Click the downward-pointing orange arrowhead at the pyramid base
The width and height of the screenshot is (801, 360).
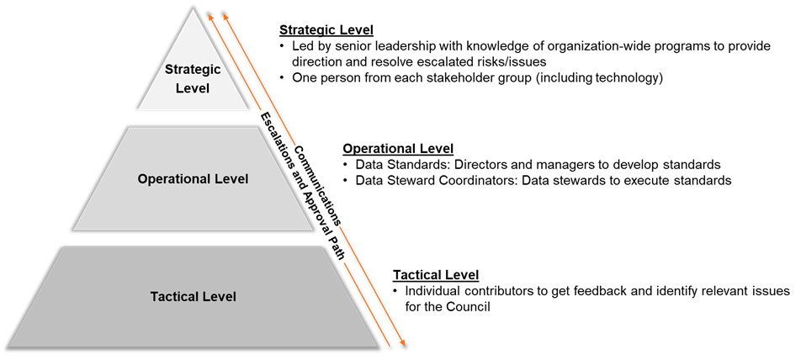click(402, 342)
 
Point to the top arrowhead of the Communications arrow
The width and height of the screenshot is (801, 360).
click(224, 14)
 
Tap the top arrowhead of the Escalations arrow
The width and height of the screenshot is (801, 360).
click(210, 14)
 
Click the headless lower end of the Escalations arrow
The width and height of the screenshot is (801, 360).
click(389, 345)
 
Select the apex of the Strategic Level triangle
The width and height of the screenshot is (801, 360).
click(194, 10)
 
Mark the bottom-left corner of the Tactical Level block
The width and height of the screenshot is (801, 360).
click(10, 346)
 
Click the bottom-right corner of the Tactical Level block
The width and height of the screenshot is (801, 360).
click(376, 346)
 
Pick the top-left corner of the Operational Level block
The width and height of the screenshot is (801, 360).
click(129, 128)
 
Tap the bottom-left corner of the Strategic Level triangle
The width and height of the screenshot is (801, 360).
click(137, 110)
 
